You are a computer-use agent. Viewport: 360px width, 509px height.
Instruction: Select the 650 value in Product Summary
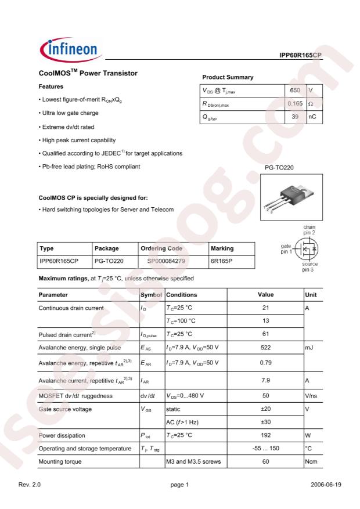click(x=294, y=91)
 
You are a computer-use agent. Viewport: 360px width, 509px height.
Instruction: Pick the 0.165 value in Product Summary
click(x=293, y=103)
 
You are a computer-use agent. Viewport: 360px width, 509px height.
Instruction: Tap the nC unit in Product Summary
click(x=312, y=117)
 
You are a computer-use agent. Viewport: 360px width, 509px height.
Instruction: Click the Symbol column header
click(x=152, y=295)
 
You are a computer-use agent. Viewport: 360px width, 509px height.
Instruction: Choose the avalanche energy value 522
click(x=265, y=348)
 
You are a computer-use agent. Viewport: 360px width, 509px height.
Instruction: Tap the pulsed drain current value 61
click(x=265, y=334)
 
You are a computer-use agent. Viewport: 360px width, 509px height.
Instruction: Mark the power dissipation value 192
click(x=265, y=435)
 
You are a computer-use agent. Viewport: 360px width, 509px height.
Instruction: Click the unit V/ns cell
click(x=312, y=396)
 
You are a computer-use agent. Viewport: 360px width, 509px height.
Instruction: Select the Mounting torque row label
click(x=60, y=461)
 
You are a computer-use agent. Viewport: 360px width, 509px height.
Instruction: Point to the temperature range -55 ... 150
click(x=265, y=448)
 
